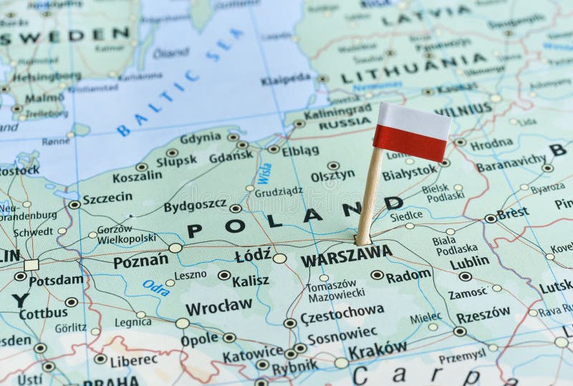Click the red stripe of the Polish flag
(410, 141)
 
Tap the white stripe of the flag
(414, 120)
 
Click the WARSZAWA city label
(346, 255)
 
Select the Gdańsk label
(231, 155)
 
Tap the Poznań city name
(140, 261)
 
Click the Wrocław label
(218, 307)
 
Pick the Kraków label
(377, 349)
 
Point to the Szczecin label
(107, 198)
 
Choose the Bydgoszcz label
(195, 206)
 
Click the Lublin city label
(470, 262)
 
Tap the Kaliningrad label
(337, 112)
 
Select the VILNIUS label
(463, 111)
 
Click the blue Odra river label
(156, 287)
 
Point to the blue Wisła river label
(265, 173)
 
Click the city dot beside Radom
(377, 274)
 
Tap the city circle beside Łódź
(279, 258)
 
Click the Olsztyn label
(332, 175)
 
